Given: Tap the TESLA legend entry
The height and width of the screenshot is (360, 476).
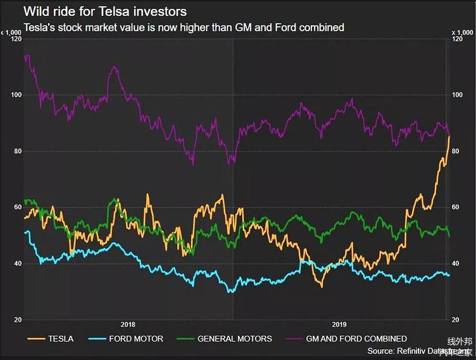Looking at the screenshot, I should (x=60, y=338).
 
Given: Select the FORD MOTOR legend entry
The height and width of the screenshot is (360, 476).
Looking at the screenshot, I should (x=137, y=338).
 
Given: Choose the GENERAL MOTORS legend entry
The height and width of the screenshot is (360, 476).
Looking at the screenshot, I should (x=234, y=338).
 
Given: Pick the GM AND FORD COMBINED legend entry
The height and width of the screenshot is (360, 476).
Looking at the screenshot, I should (x=356, y=338).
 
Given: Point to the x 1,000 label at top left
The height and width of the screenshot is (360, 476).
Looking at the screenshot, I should (x=11, y=32).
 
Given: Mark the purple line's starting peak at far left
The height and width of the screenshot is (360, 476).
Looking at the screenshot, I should (x=26, y=56).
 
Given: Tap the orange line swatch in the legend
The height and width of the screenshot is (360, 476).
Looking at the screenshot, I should (x=35, y=338).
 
